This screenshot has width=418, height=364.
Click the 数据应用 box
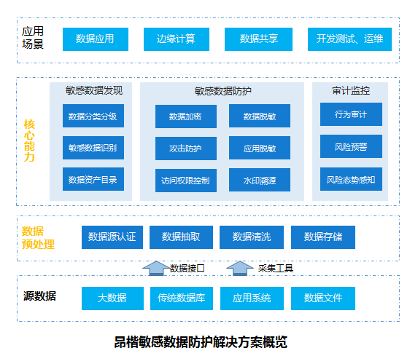tap(95, 39)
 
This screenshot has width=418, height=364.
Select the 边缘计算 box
tap(176, 39)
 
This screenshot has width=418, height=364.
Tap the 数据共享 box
tap(258, 39)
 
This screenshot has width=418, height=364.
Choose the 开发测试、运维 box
tap(349, 39)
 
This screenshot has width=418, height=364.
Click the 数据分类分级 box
tap(93, 116)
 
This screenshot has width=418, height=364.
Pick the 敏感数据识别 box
tap(93, 148)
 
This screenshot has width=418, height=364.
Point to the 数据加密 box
tap(185, 116)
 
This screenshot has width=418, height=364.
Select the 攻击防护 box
tap(185, 148)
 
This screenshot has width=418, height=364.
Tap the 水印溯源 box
tap(259, 179)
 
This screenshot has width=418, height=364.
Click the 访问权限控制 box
tap(185, 180)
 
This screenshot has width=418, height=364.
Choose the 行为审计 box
tap(351, 114)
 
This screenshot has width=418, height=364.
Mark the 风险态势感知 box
tap(351, 179)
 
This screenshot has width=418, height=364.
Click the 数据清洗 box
tap(252, 237)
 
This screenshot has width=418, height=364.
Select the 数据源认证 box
tap(112, 237)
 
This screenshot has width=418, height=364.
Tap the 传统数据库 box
tap(181, 298)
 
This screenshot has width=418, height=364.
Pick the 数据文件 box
tap(323, 298)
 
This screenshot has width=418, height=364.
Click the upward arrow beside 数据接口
tap(154, 267)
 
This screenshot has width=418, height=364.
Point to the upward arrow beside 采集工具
tap(239, 267)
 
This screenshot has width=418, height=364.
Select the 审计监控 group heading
tap(350, 91)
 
